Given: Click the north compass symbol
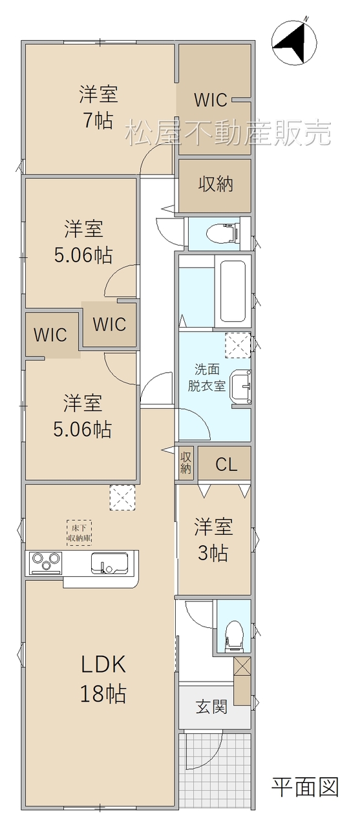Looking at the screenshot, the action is (x=294, y=41).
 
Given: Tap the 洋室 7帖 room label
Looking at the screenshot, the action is (x=98, y=107).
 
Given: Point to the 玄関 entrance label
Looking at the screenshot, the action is (x=211, y=707).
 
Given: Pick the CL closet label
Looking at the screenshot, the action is (x=226, y=465).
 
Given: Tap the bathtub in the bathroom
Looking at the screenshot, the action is (x=233, y=291).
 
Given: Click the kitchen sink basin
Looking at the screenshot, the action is (x=110, y=563).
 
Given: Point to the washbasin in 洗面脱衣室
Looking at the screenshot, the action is (x=240, y=386).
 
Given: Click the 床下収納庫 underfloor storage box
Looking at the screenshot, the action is (x=79, y=533).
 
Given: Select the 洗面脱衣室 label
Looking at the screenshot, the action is (x=206, y=378).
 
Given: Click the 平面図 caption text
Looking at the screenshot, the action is (x=305, y=788).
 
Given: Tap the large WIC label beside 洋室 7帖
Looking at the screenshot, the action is (x=211, y=99).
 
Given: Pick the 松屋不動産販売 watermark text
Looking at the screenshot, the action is (x=228, y=133).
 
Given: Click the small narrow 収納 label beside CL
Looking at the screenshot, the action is (x=185, y=463).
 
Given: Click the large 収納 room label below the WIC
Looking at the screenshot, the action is (x=216, y=184).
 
